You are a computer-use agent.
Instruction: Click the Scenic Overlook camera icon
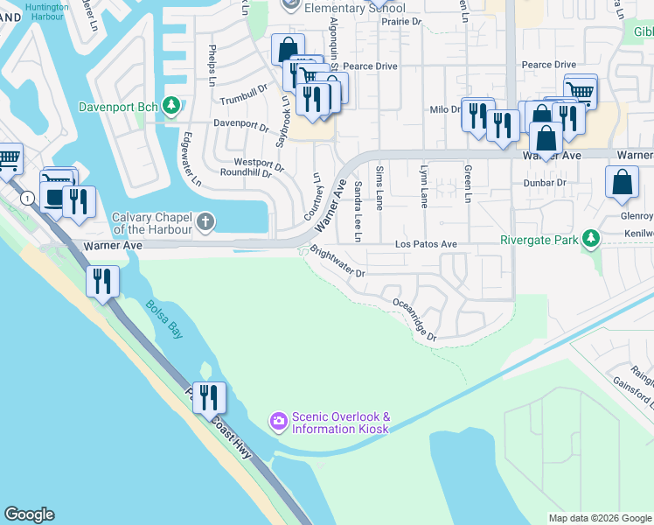pos(278,423)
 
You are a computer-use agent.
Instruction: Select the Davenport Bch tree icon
pos(172,107)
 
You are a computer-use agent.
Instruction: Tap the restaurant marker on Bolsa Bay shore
pos(103,281)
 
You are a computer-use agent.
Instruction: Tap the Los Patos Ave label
pos(426,244)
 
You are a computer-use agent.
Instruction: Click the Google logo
pos(29,514)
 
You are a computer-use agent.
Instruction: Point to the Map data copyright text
pos(600,518)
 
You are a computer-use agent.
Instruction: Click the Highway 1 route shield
pos(31,199)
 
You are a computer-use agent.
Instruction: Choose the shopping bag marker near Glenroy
pos(622,182)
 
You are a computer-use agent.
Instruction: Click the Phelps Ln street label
pos(212,61)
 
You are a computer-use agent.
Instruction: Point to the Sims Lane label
pos(379,185)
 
